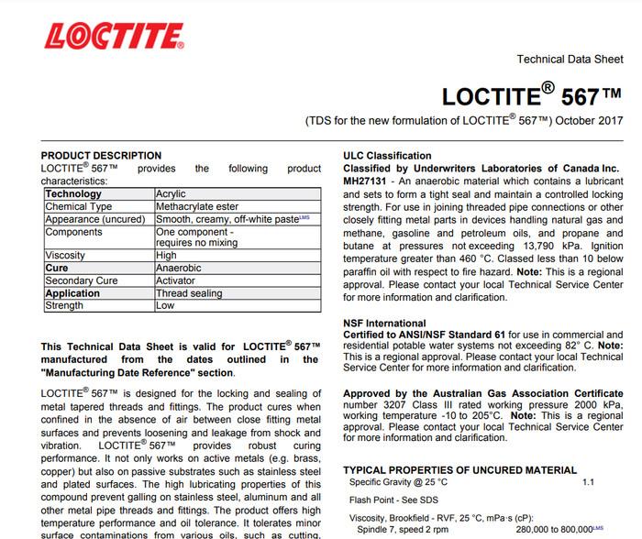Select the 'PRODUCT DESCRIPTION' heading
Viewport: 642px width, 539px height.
click(101, 156)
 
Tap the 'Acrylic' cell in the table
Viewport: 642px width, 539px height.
click(172, 194)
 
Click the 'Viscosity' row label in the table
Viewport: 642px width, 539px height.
click(66, 256)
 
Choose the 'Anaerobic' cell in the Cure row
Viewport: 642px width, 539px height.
click(178, 269)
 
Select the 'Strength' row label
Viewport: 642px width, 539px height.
click(64, 305)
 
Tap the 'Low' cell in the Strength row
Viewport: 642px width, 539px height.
click(165, 305)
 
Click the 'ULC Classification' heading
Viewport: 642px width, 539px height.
click(387, 156)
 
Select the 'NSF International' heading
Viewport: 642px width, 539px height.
click(384, 323)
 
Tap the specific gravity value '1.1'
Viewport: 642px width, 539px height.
click(589, 481)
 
